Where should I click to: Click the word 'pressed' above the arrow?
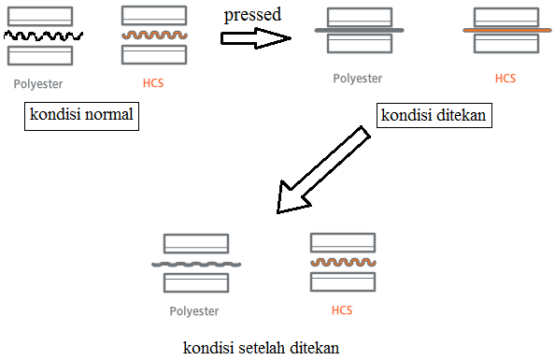tap(252, 15)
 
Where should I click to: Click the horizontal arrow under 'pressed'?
tap(256, 38)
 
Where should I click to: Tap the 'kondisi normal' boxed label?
tap(81, 116)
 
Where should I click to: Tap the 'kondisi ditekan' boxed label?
tap(434, 116)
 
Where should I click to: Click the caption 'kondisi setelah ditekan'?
tap(262, 348)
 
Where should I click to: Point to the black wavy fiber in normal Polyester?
tap(43, 36)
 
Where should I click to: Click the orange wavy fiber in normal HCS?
tap(154, 35)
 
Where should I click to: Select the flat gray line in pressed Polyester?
tap(360, 31)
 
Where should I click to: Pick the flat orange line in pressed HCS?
tap(506, 31)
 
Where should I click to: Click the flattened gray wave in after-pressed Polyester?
tap(196, 265)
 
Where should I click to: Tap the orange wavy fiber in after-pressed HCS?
tap(343, 262)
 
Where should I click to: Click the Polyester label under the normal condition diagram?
tap(38, 84)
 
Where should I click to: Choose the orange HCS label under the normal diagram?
tap(153, 83)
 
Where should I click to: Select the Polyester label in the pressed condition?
tap(358, 79)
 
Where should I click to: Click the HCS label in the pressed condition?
tap(505, 79)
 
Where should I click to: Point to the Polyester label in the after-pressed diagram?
tap(194, 311)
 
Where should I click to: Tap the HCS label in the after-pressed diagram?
tap(342, 310)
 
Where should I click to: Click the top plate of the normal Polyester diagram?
tap(40, 16)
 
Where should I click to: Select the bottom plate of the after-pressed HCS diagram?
tap(343, 281)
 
